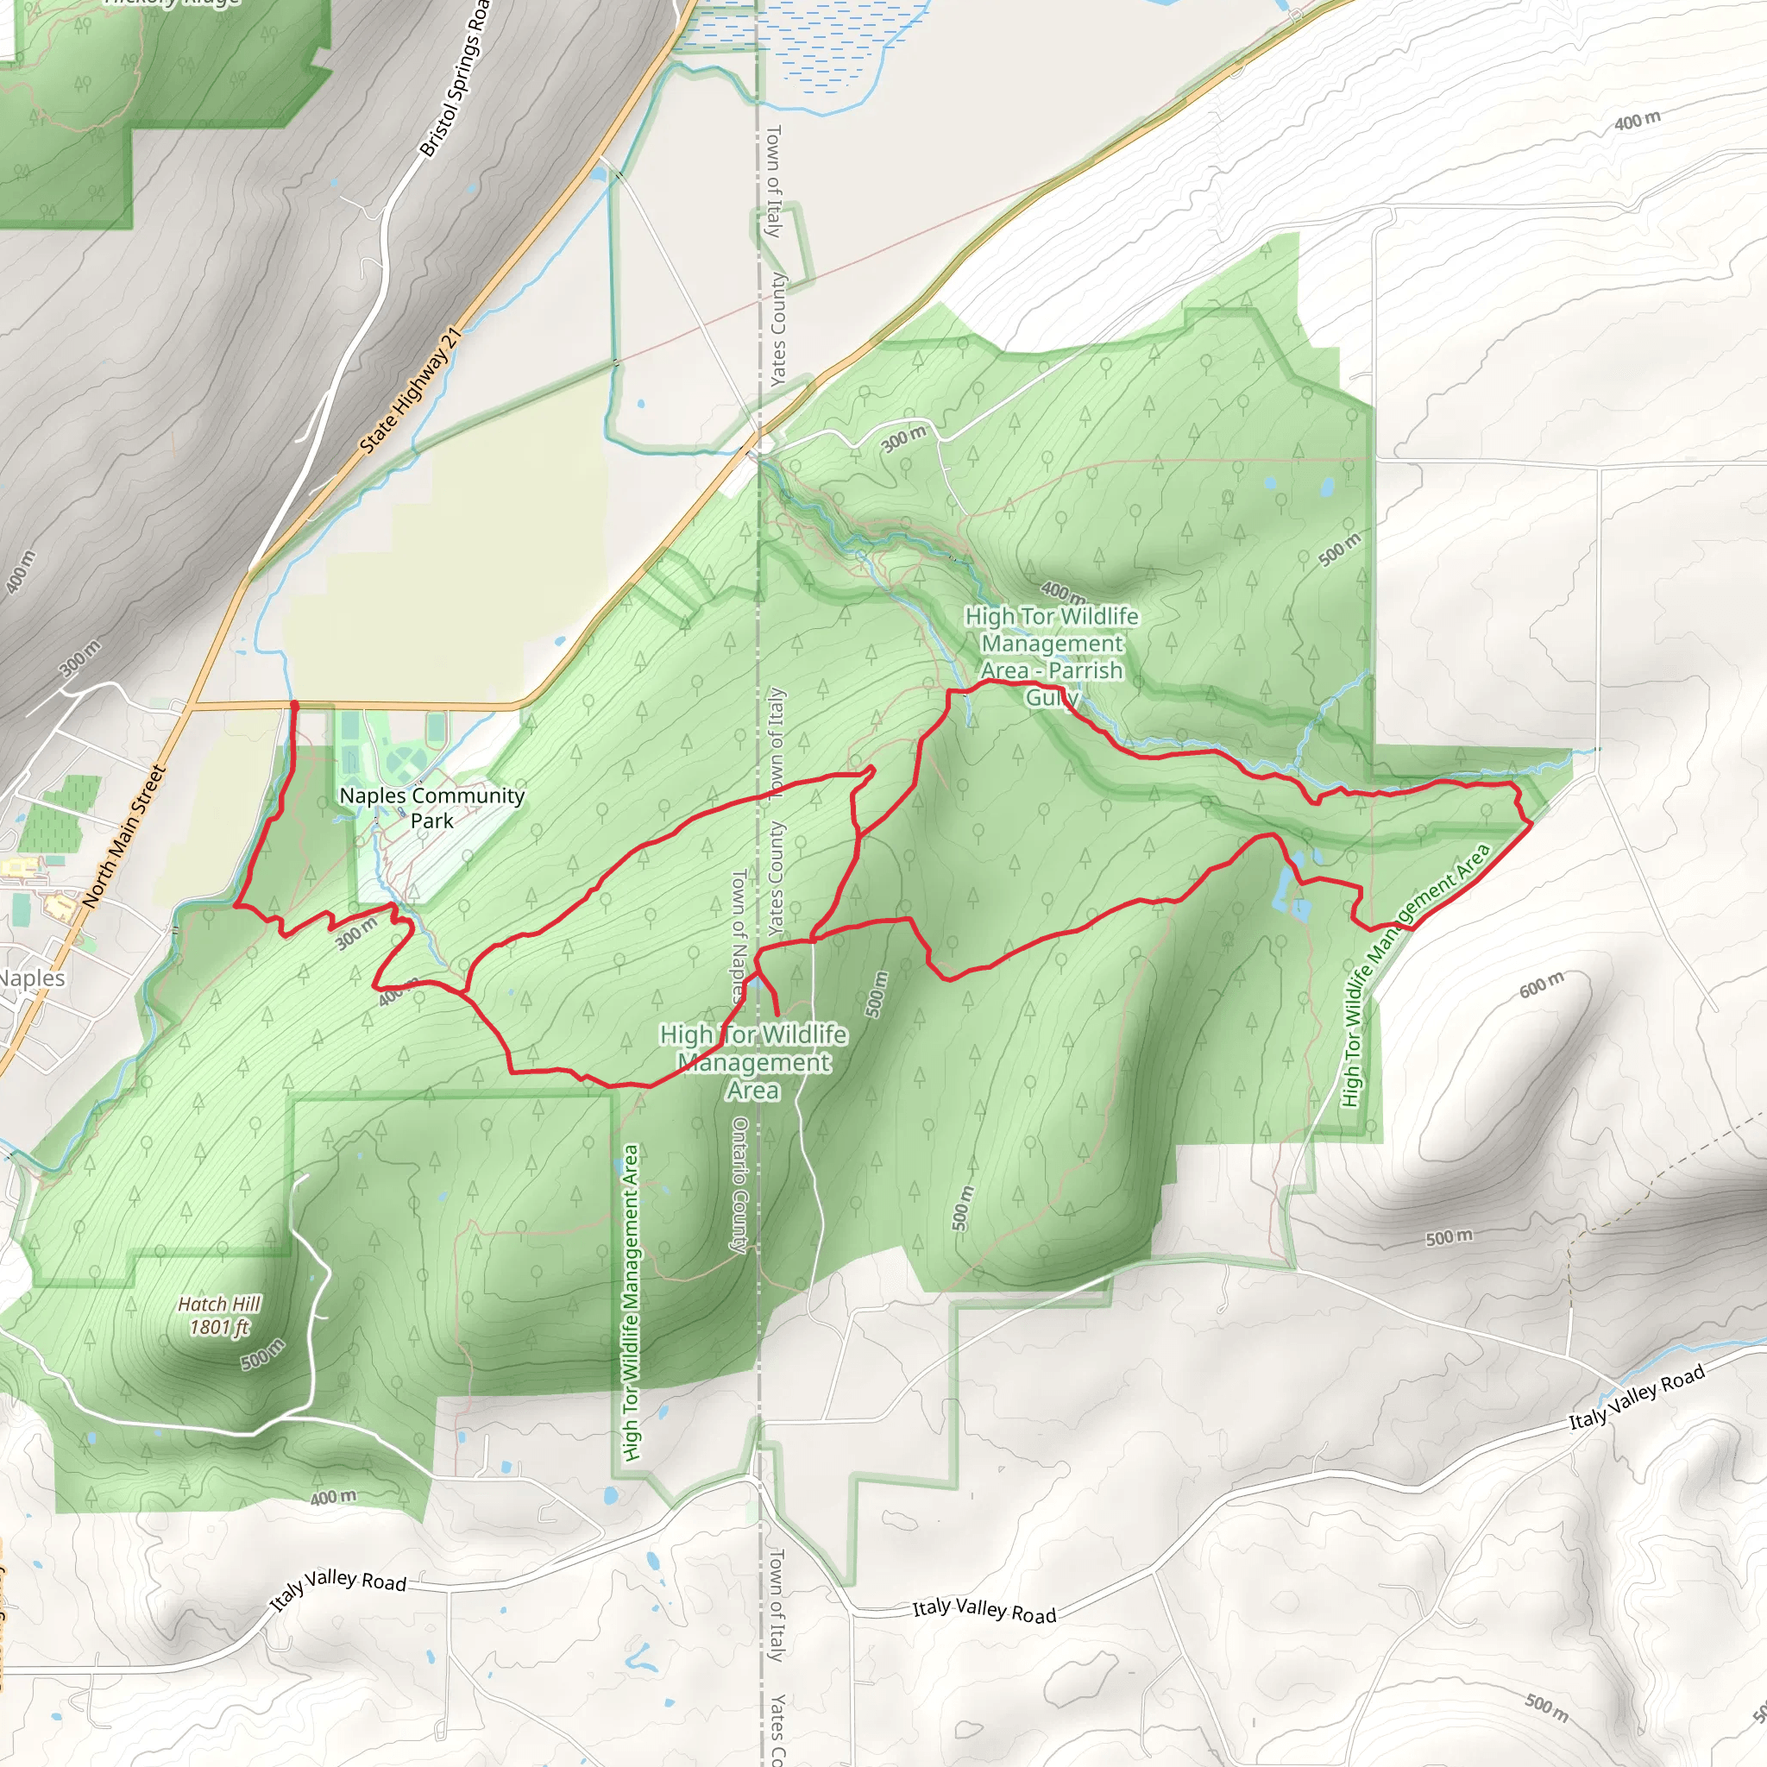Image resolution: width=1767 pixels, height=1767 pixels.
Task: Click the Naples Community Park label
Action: pos(431,808)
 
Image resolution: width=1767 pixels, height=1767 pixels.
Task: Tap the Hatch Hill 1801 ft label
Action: pos(218,1315)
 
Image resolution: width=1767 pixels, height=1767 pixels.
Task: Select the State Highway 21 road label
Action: pos(410,391)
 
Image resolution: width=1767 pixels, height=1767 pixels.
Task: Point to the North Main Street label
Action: pos(125,837)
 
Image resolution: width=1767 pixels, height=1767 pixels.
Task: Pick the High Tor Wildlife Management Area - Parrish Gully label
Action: pos(1052,657)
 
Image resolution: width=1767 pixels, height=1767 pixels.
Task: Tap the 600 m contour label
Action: pos(1541,985)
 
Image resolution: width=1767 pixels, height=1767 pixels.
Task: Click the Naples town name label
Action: pos(31,978)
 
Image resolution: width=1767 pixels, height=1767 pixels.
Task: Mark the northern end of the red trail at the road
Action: pos(293,704)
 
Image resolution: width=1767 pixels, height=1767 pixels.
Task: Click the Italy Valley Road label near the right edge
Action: pos(1637,1397)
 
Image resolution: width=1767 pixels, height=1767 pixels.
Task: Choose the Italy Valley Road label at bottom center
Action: pos(984,1612)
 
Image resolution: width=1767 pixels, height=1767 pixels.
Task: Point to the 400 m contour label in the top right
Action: pos(1636,120)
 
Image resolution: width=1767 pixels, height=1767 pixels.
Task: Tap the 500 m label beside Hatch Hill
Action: pos(262,1354)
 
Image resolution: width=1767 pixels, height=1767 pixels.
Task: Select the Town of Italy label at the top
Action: pos(774,182)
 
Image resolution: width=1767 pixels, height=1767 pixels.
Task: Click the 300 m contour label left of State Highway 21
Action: pos(79,657)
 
